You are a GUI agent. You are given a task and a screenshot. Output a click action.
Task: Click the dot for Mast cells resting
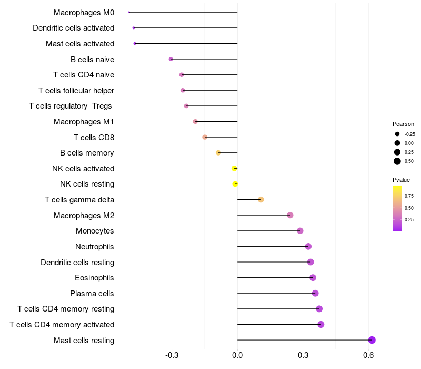tap(372, 340)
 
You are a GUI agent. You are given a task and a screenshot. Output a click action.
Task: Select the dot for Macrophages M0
tap(129, 12)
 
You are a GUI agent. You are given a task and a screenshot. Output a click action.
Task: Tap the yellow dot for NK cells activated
tap(234, 168)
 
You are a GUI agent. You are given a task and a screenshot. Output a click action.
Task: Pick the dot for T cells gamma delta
tap(260, 199)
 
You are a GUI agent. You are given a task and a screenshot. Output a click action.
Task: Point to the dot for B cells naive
tap(171, 59)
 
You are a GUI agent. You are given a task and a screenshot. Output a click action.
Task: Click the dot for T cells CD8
tap(205, 137)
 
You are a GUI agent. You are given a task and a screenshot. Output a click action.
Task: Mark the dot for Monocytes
tap(300, 231)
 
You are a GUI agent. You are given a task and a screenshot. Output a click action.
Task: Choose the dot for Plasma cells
tap(315, 293)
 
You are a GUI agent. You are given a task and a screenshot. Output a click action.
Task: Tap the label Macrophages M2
tap(84, 215)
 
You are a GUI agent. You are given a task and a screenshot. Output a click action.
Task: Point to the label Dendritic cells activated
tap(73, 28)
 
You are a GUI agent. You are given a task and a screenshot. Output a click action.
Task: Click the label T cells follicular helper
tap(76, 91)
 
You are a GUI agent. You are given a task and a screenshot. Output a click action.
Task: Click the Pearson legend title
tap(403, 124)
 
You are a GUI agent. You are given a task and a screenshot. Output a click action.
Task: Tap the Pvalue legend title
tap(401, 180)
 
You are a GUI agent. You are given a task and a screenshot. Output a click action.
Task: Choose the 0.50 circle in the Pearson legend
tap(397, 161)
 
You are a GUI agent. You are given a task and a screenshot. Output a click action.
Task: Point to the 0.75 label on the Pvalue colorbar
tap(409, 196)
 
